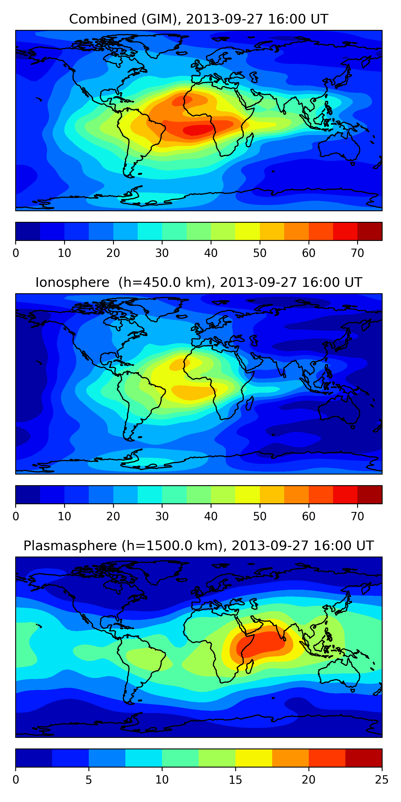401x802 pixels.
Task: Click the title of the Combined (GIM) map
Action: (199, 19)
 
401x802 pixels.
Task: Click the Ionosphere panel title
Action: (199, 282)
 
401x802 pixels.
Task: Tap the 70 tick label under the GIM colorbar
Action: (357, 253)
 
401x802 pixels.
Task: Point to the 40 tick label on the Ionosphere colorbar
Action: (211, 516)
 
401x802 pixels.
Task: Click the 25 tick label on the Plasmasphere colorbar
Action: (382, 780)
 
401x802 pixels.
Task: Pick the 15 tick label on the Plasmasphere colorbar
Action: (235, 780)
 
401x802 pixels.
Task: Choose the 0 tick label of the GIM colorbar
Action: (16, 253)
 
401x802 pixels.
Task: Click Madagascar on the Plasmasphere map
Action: (250, 667)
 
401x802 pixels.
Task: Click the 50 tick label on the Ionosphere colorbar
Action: (260, 516)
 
